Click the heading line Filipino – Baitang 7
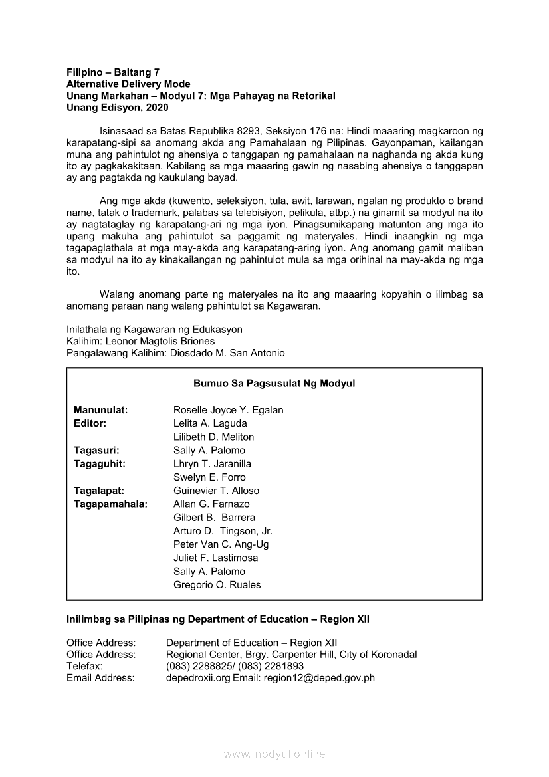pos(113,72)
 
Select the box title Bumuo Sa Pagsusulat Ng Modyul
pos(274,384)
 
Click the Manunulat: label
pos(100,410)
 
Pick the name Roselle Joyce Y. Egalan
pos(228,410)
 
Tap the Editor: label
pos(90,423)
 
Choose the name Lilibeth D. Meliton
pos(213,437)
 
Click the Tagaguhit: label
pos(99,464)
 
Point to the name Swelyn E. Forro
pos(209,477)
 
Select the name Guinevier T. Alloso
pos(216,491)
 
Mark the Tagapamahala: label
pos(110,504)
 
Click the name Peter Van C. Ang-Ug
pos(221,544)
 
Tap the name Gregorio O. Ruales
pos(217,585)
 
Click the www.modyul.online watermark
pos(274,754)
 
